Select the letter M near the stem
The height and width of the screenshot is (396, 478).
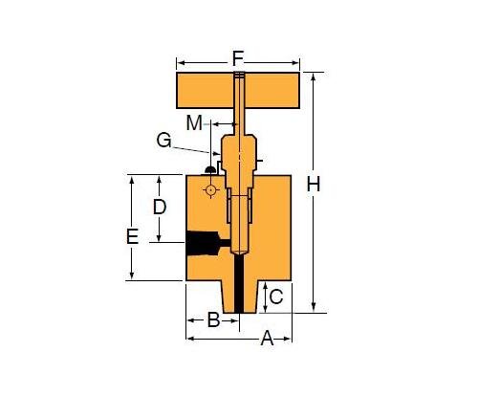click(x=195, y=122)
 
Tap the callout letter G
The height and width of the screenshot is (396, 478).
click(x=164, y=141)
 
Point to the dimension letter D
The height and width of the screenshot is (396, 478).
click(x=160, y=206)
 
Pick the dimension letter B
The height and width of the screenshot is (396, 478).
click(x=214, y=319)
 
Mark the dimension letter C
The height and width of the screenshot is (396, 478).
click(x=275, y=297)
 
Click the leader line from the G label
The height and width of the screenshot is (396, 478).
click(x=194, y=149)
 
